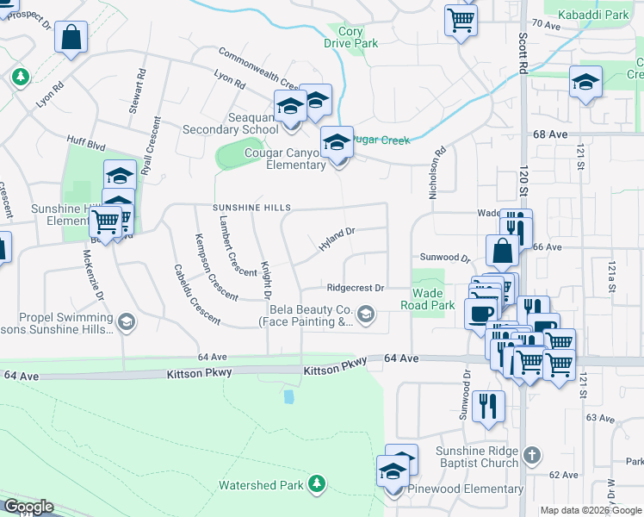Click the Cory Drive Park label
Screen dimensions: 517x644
pos(351,36)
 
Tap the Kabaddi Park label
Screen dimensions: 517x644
pos(593,16)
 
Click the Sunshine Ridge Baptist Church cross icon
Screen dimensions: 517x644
pos(532,454)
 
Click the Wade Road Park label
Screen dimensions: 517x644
pos(428,299)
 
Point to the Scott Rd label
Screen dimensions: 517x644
pos(523,53)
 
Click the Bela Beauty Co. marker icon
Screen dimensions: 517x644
pos(366,315)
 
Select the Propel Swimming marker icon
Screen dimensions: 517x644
pos(127,322)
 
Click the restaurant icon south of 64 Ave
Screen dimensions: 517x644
pos(489,405)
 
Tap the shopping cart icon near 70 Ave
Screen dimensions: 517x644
pos(461,19)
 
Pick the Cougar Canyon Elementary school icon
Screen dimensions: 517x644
pos(337,142)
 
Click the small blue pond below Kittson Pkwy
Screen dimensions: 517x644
pos(289,396)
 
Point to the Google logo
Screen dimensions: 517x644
pos(28,507)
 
